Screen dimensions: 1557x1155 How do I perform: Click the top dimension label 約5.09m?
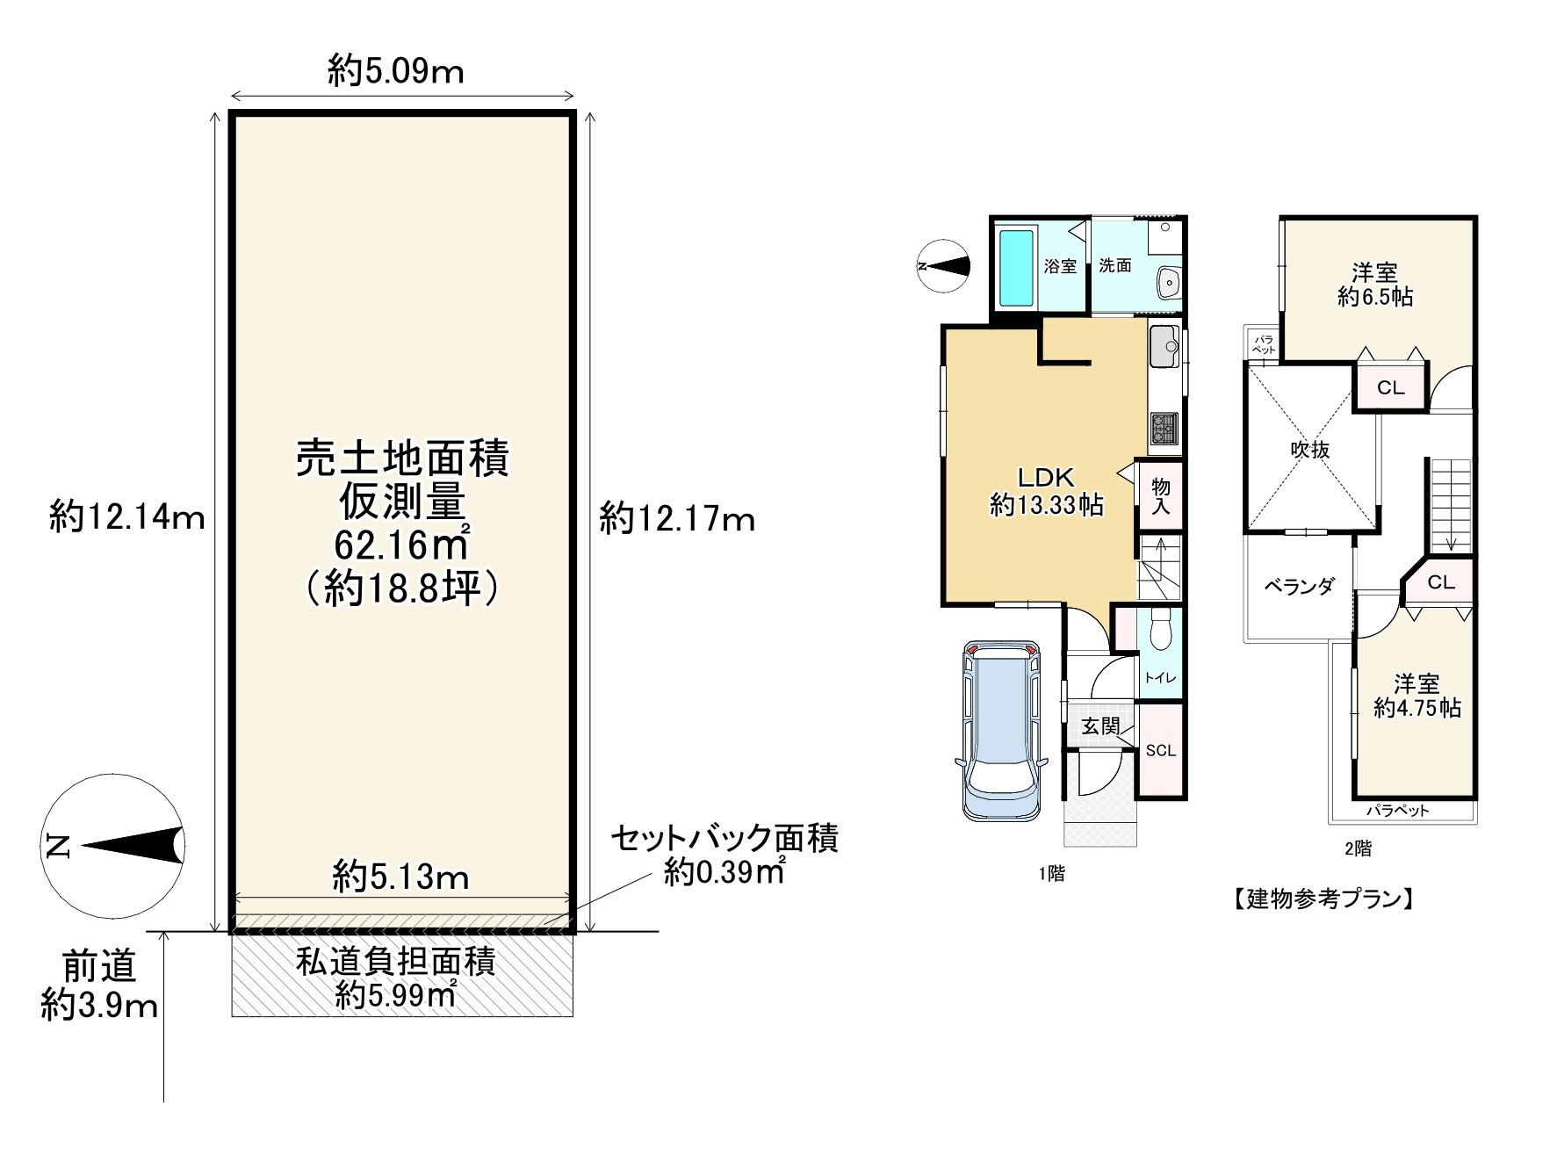396,70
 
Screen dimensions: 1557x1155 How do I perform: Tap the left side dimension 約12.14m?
127,517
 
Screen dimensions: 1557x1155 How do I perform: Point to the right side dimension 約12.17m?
677,519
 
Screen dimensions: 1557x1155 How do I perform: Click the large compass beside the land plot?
112,846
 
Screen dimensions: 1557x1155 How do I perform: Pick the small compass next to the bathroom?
943,265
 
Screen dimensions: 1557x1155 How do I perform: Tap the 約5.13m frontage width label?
401,876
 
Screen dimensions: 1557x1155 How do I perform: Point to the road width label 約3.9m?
99,1005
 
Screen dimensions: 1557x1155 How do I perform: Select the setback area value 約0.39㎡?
724,872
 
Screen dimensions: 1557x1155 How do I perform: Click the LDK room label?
1046,477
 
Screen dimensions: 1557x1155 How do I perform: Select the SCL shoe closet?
1160,751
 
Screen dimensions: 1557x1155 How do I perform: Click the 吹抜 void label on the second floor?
1309,450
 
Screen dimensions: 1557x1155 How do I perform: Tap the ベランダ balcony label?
1299,586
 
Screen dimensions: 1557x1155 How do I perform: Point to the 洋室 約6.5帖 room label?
1375,285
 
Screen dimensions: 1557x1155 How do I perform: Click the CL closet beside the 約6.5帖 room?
1390,387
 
